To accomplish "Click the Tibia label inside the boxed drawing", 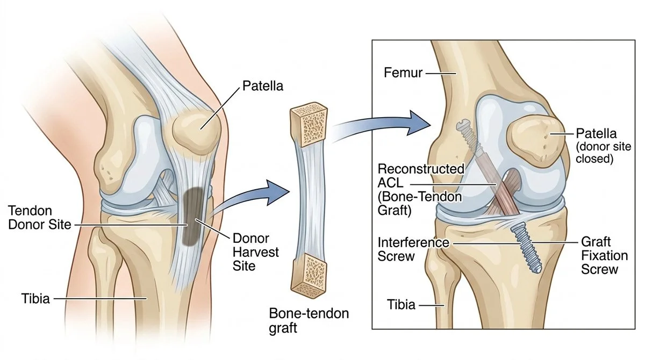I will pos(401,305).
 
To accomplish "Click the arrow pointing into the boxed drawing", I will pos(387,124).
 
